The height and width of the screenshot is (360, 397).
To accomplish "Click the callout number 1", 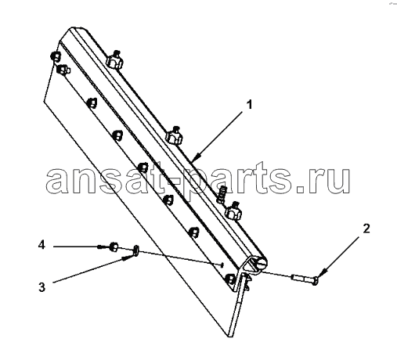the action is (250, 105).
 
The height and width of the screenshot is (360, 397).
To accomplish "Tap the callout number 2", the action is (366, 229).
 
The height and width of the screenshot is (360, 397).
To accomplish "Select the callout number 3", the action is (42, 287).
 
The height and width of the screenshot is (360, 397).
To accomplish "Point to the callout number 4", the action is (42, 245).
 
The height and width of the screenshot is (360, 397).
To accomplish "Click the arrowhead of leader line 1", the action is (198, 157).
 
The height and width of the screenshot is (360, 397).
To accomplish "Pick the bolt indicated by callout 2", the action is (305, 279).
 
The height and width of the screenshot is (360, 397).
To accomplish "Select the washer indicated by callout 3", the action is (135, 250).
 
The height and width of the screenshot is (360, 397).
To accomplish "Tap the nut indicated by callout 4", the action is (114, 247).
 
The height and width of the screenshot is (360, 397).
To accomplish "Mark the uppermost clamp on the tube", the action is (114, 59).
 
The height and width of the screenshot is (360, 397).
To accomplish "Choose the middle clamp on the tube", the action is (174, 136).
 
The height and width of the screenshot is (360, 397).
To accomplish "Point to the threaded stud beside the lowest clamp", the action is (221, 195).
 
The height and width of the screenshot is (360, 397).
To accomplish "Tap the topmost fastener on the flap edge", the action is (56, 56).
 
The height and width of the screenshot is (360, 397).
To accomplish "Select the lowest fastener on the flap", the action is (229, 279).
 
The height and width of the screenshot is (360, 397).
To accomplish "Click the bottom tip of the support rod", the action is (230, 336).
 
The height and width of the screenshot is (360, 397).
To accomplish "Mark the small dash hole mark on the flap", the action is (222, 265).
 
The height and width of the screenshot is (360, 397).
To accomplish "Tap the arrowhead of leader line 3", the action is (127, 258).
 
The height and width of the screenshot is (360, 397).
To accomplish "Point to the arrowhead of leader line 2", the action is (321, 273).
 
